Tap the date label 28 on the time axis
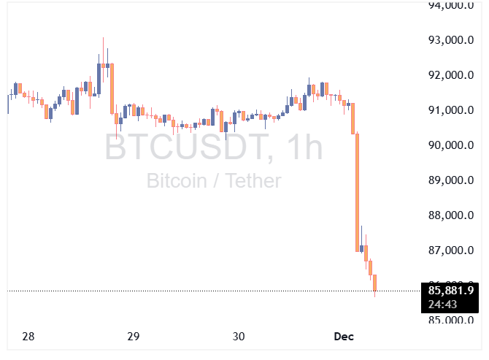pyautogui.click(x=28, y=337)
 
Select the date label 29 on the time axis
pyautogui.click(x=133, y=337)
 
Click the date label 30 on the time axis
pyautogui.click(x=239, y=337)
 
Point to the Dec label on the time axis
pyautogui.click(x=344, y=337)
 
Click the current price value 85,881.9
pyautogui.click(x=450, y=291)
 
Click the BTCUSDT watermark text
pyautogui.click(x=185, y=148)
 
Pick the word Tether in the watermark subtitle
pyautogui.click(x=251, y=180)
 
